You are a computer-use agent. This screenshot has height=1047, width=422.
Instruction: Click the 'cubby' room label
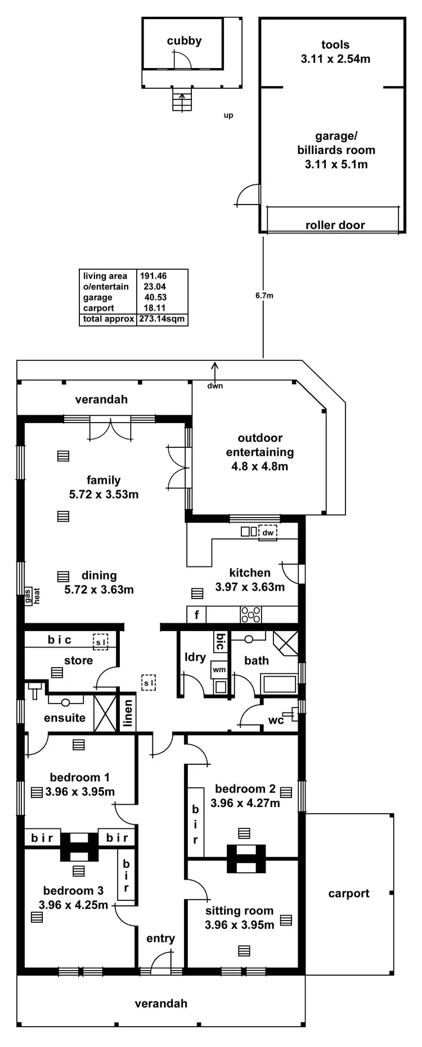[184, 41]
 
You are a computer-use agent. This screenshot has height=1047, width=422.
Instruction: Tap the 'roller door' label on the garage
[335, 225]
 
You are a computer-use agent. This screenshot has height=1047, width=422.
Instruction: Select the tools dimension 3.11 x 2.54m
[335, 59]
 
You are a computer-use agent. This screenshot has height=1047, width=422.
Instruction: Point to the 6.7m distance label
[264, 295]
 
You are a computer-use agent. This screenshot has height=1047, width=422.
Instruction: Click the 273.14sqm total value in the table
[161, 319]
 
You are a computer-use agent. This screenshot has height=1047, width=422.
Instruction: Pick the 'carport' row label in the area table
[98, 308]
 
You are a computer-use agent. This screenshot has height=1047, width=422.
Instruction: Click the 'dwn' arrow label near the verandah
[215, 386]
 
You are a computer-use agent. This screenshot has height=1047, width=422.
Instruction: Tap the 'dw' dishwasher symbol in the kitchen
[268, 533]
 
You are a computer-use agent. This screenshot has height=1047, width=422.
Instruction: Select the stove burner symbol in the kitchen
[251, 614]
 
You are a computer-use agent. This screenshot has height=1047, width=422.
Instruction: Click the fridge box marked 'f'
[196, 615]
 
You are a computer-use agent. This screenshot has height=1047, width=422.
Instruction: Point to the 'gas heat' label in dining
[32, 596]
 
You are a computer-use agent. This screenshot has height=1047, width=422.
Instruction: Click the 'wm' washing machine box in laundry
[219, 669]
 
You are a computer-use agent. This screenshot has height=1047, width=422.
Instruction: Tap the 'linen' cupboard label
[128, 713]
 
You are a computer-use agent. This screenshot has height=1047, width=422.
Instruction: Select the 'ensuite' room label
[65, 718]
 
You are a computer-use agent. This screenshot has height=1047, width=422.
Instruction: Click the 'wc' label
[276, 720]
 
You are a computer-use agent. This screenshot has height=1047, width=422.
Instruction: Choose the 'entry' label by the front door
[160, 938]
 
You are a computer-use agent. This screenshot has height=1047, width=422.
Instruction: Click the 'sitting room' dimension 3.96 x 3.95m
[239, 924]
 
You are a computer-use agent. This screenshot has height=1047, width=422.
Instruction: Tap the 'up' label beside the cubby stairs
[228, 115]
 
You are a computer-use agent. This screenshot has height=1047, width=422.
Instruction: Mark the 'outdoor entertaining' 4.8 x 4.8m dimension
[259, 466]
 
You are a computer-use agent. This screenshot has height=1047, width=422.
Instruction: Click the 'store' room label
[78, 660]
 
